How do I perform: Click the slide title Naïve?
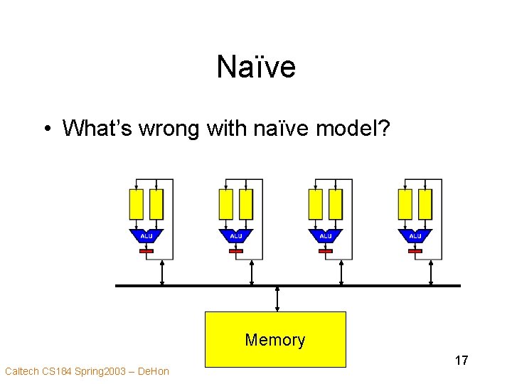tap(256, 68)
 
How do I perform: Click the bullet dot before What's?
tap(46, 129)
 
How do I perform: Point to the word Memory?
tap(275, 340)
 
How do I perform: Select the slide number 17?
tap(462, 361)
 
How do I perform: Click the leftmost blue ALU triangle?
tap(146, 235)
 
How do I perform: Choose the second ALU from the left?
tap(236, 235)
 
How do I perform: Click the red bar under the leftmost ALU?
tap(146, 251)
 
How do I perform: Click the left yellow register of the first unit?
tap(137, 204)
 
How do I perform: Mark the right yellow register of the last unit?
tap(425, 204)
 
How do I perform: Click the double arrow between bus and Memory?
tap(277, 299)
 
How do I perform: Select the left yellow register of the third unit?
tap(316, 204)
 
